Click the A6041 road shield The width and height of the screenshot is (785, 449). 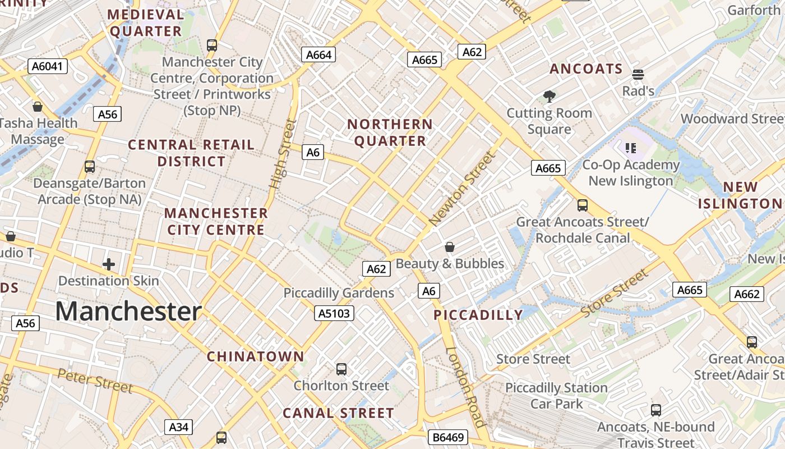pos(48,66)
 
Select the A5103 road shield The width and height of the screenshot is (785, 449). pos(334,313)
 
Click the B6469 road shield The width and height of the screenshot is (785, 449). pos(447,437)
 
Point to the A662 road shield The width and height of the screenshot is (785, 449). pos(746,294)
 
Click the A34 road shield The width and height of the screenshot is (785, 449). pos(179,427)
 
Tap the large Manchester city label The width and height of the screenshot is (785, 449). pos(128,311)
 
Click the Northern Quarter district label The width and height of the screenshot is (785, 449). pos(390,132)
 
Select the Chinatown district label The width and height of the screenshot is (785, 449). pos(256,356)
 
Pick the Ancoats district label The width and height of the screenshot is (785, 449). pos(587,69)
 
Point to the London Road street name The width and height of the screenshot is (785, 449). pos(465,387)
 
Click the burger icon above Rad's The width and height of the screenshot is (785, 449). pos(638,75)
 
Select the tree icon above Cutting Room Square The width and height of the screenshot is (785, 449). pos(549,97)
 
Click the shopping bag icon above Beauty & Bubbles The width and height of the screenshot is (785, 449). pos(450,247)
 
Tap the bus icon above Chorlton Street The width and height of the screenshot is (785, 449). pos(341,369)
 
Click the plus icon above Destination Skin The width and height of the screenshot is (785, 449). pos(109,264)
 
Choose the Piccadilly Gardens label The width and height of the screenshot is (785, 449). pos(339,293)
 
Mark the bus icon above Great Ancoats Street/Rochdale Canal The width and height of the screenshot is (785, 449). pos(583,205)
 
